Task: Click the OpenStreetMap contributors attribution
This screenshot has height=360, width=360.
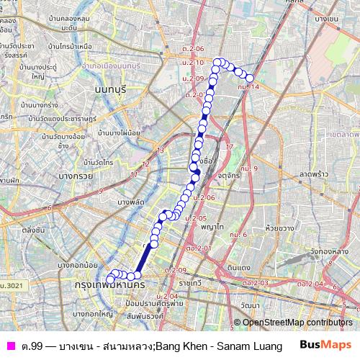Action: [297, 322]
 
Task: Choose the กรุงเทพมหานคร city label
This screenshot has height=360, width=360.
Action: [109, 286]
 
